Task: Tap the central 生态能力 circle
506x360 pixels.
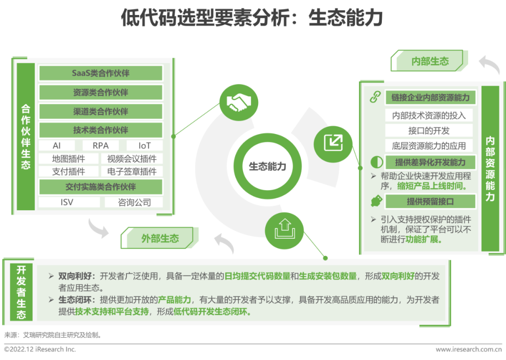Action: tap(267, 167)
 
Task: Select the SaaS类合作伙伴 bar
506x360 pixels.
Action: tap(101, 73)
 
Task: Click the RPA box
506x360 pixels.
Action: tap(101, 146)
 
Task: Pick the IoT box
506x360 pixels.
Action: tap(144, 146)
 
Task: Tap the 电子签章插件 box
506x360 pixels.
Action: tap(132, 171)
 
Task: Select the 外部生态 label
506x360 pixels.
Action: tap(160, 238)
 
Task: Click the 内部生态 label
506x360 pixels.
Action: tap(430, 61)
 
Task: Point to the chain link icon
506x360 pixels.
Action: tap(376, 97)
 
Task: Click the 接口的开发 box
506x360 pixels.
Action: tap(429, 131)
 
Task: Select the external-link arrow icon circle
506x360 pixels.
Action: tap(333, 142)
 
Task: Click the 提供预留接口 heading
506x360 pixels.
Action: tap(430, 202)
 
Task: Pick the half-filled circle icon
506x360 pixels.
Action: tap(376, 162)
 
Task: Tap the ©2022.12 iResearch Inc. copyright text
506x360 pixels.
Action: tap(40, 349)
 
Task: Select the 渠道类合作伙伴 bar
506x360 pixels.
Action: tap(101, 111)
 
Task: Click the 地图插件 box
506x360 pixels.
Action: tap(68, 159)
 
